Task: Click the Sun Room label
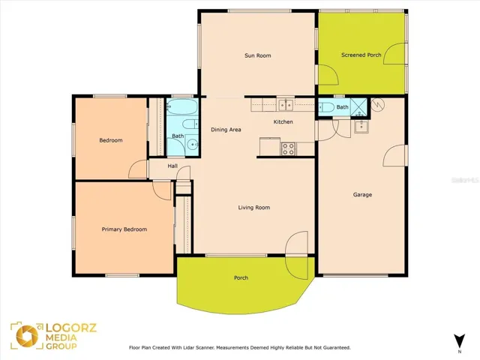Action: pyautogui.click(x=258, y=55)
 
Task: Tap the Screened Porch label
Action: pyautogui.click(x=361, y=55)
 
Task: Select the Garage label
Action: pyautogui.click(x=362, y=195)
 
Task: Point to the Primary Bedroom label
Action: pyautogui.click(x=124, y=229)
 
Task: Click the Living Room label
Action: pyautogui.click(x=254, y=208)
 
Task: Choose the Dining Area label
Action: pyautogui.click(x=226, y=130)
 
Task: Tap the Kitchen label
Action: pyautogui.click(x=283, y=121)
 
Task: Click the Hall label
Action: pyautogui.click(x=172, y=166)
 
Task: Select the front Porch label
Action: pyautogui.click(x=241, y=278)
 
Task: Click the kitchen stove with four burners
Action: pyautogui.click(x=288, y=148)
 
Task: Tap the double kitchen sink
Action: pyautogui.click(x=286, y=105)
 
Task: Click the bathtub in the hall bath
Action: pyautogui.click(x=182, y=106)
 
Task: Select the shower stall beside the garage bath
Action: pyautogui.click(x=359, y=106)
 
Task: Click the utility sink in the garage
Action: pyautogui.click(x=361, y=127)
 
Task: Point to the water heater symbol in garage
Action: pyautogui.click(x=378, y=105)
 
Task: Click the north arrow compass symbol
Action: pyautogui.click(x=460, y=340)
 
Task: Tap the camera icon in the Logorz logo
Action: pyautogui.click(x=27, y=336)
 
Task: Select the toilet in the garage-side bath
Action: pyautogui.click(x=326, y=107)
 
